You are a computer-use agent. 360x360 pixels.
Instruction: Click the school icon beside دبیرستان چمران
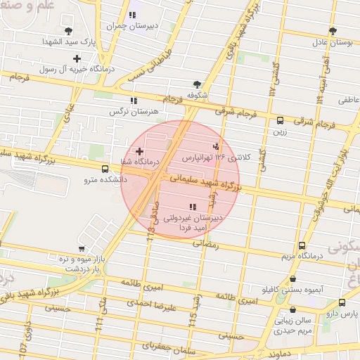tap(133, 15)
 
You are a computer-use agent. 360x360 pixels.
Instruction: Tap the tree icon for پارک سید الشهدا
tap(68, 30)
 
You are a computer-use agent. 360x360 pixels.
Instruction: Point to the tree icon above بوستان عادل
tap(333, 31)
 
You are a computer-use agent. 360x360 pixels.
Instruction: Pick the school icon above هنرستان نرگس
tap(134, 101)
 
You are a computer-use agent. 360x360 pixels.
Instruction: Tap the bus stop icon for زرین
tap(281, 120)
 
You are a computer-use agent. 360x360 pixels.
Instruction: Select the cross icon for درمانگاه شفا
tap(139, 151)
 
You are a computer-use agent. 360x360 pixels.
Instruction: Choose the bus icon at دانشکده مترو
tap(105, 169)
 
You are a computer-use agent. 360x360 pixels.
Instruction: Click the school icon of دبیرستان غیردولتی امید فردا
tap(193, 207)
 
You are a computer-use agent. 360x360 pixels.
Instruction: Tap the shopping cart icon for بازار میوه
tap(82, 248)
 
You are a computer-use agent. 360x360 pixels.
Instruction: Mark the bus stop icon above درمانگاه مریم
tap(302, 245)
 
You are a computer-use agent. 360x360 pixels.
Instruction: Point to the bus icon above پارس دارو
tap(342, 302)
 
